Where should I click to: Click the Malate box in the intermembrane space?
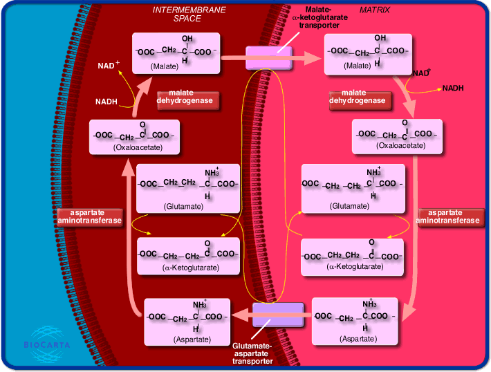tap(178, 53)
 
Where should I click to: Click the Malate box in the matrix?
tap(368, 53)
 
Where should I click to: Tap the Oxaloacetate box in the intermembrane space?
tap(134, 136)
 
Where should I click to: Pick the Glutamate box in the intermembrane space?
tap(188, 188)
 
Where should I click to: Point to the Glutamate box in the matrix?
tap(353, 188)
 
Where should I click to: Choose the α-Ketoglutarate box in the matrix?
tap(352, 256)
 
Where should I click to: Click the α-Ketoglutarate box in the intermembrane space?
tap(188, 256)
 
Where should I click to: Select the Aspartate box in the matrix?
tap(355, 321)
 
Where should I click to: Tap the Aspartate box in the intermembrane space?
tap(187, 321)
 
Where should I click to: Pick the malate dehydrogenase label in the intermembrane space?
tap(188, 100)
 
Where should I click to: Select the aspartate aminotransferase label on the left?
tap(90, 217)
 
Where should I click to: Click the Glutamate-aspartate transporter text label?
tap(252, 353)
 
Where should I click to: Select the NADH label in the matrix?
tap(453, 88)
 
